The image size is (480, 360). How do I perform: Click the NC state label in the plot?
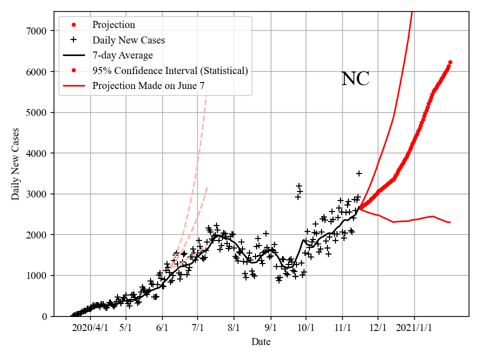(x=355, y=79)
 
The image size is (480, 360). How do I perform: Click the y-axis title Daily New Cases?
(x=15, y=164)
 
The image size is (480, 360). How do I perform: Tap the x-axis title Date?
(x=261, y=342)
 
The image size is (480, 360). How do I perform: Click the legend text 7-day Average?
(x=122, y=55)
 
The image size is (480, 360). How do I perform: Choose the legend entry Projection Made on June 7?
(x=148, y=86)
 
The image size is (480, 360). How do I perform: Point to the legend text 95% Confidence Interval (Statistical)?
(x=170, y=70)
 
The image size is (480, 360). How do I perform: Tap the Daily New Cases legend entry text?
(x=128, y=40)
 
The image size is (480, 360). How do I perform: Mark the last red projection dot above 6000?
(x=450, y=62)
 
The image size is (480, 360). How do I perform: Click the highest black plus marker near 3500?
(x=359, y=173)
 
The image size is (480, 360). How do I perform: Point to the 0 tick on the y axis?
(x=44, y=316)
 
